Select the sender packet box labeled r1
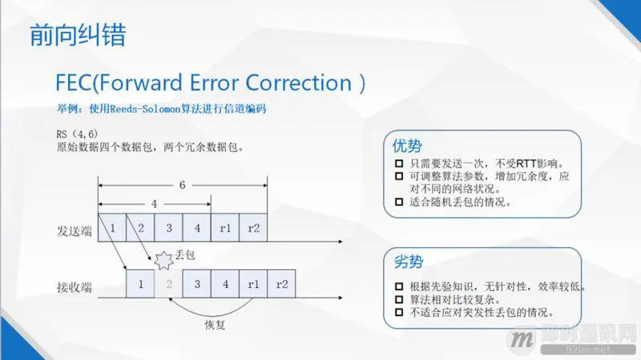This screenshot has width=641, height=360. click(225, 229)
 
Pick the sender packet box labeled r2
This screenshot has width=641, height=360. click(253, 229)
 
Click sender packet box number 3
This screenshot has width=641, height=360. click(169, 229)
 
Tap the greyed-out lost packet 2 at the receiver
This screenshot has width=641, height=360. click(169, 284)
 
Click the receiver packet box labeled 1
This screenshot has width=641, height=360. click(141, 284)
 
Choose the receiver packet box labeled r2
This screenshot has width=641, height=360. click(281, 284)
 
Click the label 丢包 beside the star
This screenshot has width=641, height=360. click(185, 254)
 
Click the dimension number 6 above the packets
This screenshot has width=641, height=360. click(183, 185)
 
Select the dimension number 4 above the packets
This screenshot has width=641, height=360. click(154, 204)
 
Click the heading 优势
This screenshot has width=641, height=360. click(406, 146)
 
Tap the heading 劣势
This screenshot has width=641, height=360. click(406, 262)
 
